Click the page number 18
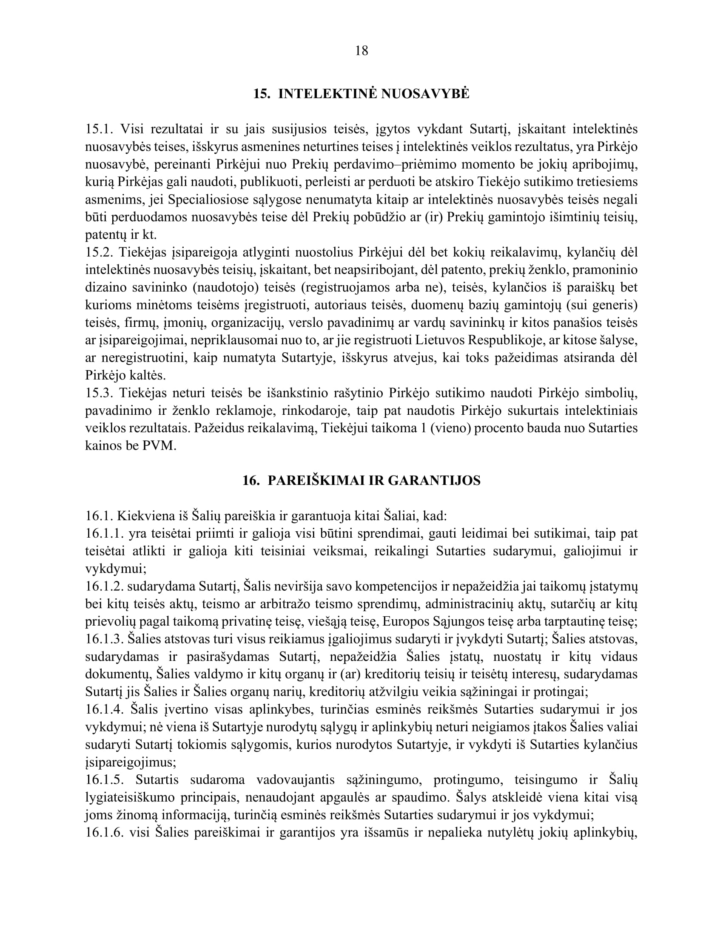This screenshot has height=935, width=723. pos(361,51)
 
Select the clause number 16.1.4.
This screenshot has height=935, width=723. pos(104,709)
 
